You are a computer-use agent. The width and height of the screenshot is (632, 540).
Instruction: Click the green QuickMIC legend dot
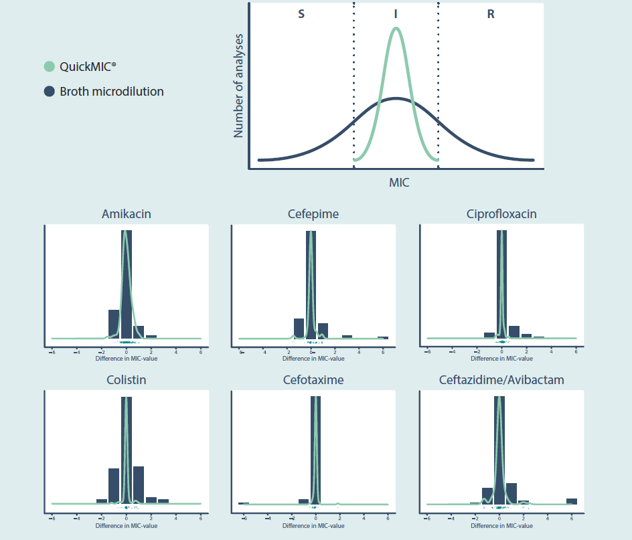coord(49,67)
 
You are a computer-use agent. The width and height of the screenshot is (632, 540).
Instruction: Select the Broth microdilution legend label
coord(111,92)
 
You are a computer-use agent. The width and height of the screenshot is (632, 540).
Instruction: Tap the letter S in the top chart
coord(301,14)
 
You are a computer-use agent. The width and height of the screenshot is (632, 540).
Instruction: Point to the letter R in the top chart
coord(491,14)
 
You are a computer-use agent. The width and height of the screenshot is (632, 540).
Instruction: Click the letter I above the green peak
coord(396,14)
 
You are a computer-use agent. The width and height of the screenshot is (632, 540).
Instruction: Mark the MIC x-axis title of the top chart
coord(399,182)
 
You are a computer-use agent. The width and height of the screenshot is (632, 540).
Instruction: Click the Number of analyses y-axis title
coord(238,85)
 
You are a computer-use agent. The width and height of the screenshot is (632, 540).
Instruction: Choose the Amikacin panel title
coord(126,214)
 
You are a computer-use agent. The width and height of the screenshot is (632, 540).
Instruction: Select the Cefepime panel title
coord(313,214)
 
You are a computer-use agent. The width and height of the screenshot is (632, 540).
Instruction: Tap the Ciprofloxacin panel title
coord(501,214)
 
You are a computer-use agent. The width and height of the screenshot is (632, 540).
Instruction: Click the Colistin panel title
coord(126,380)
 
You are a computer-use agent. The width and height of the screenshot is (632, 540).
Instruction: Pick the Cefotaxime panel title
coord(313,380)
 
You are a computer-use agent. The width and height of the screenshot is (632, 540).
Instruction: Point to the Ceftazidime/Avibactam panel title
coord(501,380)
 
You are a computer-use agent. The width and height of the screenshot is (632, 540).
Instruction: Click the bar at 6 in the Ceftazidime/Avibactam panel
coord(571,501)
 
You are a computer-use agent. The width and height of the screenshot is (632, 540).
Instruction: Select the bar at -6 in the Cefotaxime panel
coord(244,503)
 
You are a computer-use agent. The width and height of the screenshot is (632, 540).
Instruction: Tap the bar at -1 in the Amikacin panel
coord(114,324)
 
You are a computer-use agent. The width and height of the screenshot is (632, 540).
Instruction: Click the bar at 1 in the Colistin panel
coord(139,484)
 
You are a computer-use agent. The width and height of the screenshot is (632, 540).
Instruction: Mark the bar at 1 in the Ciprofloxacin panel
coord(514,331)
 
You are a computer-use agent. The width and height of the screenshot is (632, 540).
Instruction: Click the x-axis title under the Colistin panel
coord(126,526)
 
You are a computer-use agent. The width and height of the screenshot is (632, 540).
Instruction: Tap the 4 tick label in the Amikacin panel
coord(175,351)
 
